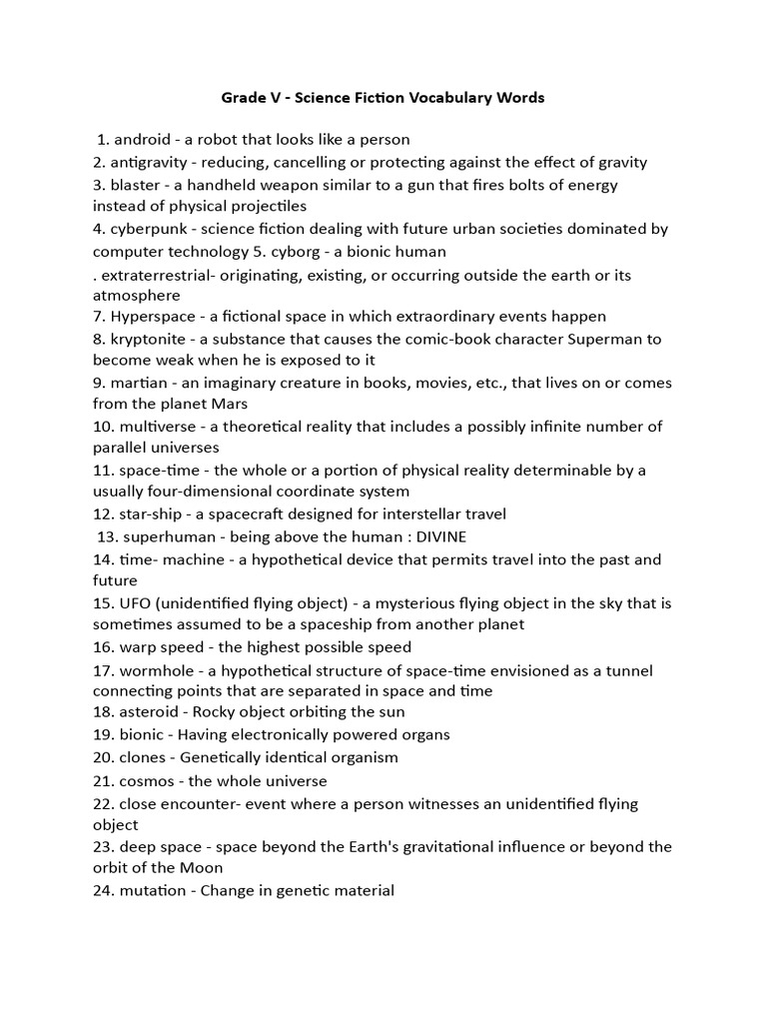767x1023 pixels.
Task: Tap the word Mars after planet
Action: coord(229,404)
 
